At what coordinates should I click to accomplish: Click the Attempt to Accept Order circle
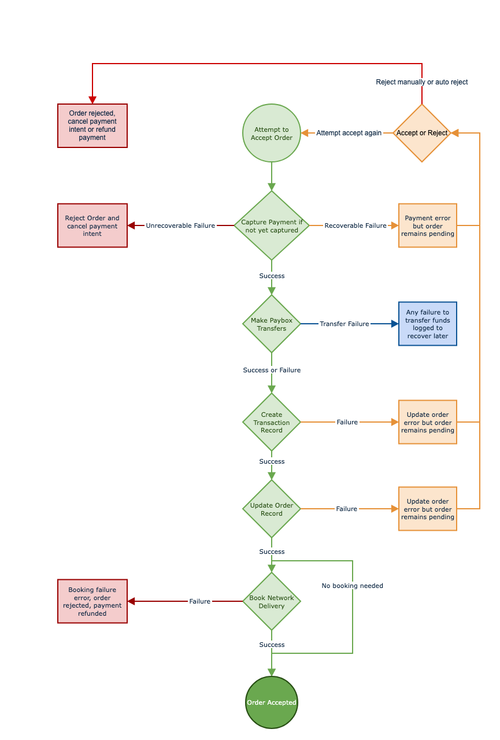point(272,133)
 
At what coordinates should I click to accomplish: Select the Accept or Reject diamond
point(422,133)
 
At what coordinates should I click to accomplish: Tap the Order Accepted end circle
point(272,702)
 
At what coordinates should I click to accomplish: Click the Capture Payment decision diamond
point(272,225)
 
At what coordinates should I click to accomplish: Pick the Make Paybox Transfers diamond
point(272,324)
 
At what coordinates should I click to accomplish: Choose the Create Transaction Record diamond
point(272,422)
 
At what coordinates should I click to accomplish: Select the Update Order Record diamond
point(272,509)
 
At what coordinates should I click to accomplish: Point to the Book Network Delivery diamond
point(272,601)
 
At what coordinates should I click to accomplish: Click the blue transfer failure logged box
point(428,324)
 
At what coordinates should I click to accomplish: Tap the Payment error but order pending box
point(428,225)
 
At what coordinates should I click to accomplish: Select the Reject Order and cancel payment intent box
point(92,225)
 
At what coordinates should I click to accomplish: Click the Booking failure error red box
point(92,601)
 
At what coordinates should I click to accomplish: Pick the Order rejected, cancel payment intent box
point(92,125)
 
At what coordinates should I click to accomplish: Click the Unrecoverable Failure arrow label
point(180,225)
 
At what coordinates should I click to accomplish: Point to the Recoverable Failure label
point(355,225)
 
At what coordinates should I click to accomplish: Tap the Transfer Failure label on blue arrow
point(345,324)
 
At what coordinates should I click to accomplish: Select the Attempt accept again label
point(349,133)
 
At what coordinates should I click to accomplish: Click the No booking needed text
point(353,586)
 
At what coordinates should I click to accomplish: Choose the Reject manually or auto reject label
point(422,82)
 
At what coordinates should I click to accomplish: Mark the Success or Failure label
point(272,370)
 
